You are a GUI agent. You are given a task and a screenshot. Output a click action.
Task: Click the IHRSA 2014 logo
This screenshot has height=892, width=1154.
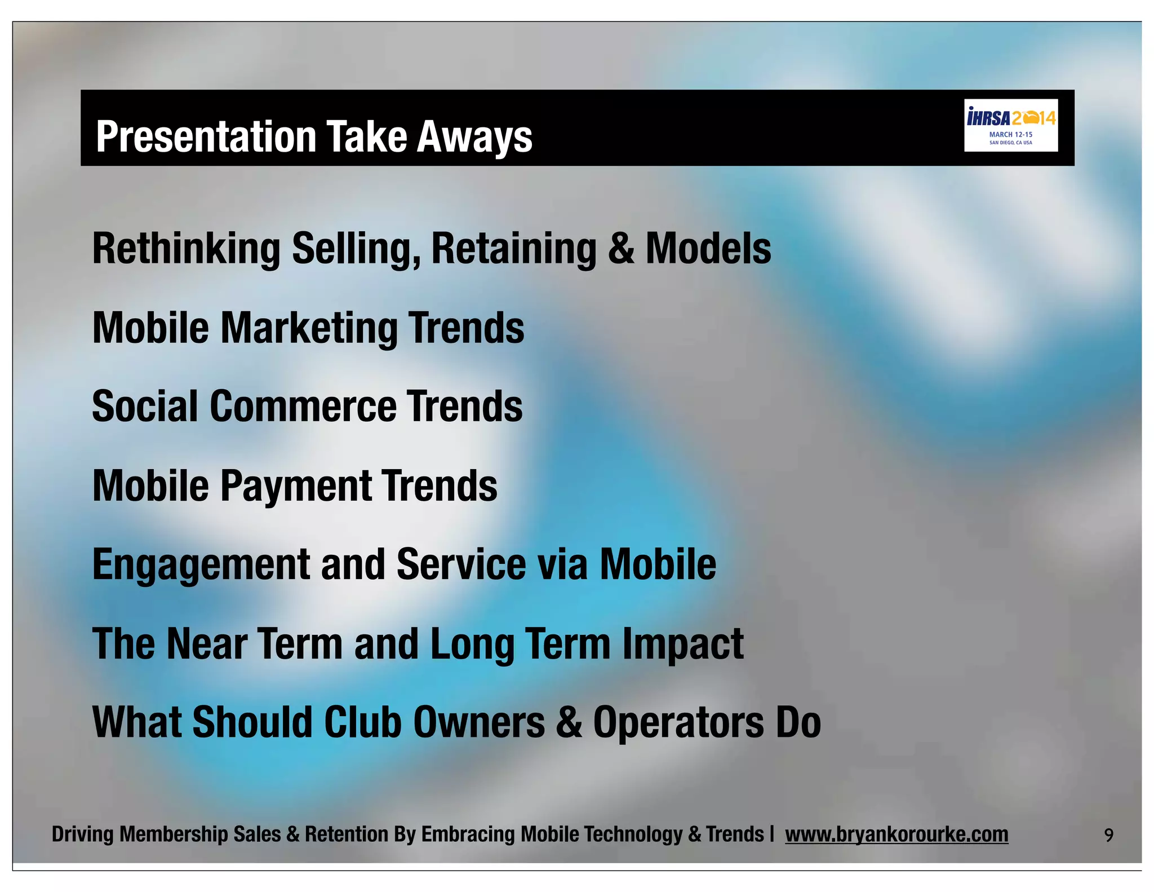pyautogui.click(x=1010, y=125)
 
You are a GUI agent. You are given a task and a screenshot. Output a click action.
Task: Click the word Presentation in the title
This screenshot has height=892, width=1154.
pyautogui.click(x=206, y=136)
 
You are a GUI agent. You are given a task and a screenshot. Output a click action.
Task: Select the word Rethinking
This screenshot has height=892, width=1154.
pyautogui.click(x=186, y=249)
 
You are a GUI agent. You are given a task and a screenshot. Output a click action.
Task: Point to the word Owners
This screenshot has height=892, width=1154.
pyautogui.click(x=479, y=722)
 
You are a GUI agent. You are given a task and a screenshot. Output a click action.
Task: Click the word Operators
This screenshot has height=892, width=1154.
pyautogui.click(x=678, y=722)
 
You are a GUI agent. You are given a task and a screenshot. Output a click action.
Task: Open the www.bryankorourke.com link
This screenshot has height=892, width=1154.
pyautogui.click(x=896, y=834)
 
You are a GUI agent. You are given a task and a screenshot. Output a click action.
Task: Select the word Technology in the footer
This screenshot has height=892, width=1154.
pyautogui.click(x=633, y=834)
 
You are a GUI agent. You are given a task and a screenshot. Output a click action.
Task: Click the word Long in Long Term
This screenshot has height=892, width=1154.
pyautogui.click(x=472, y=644)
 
